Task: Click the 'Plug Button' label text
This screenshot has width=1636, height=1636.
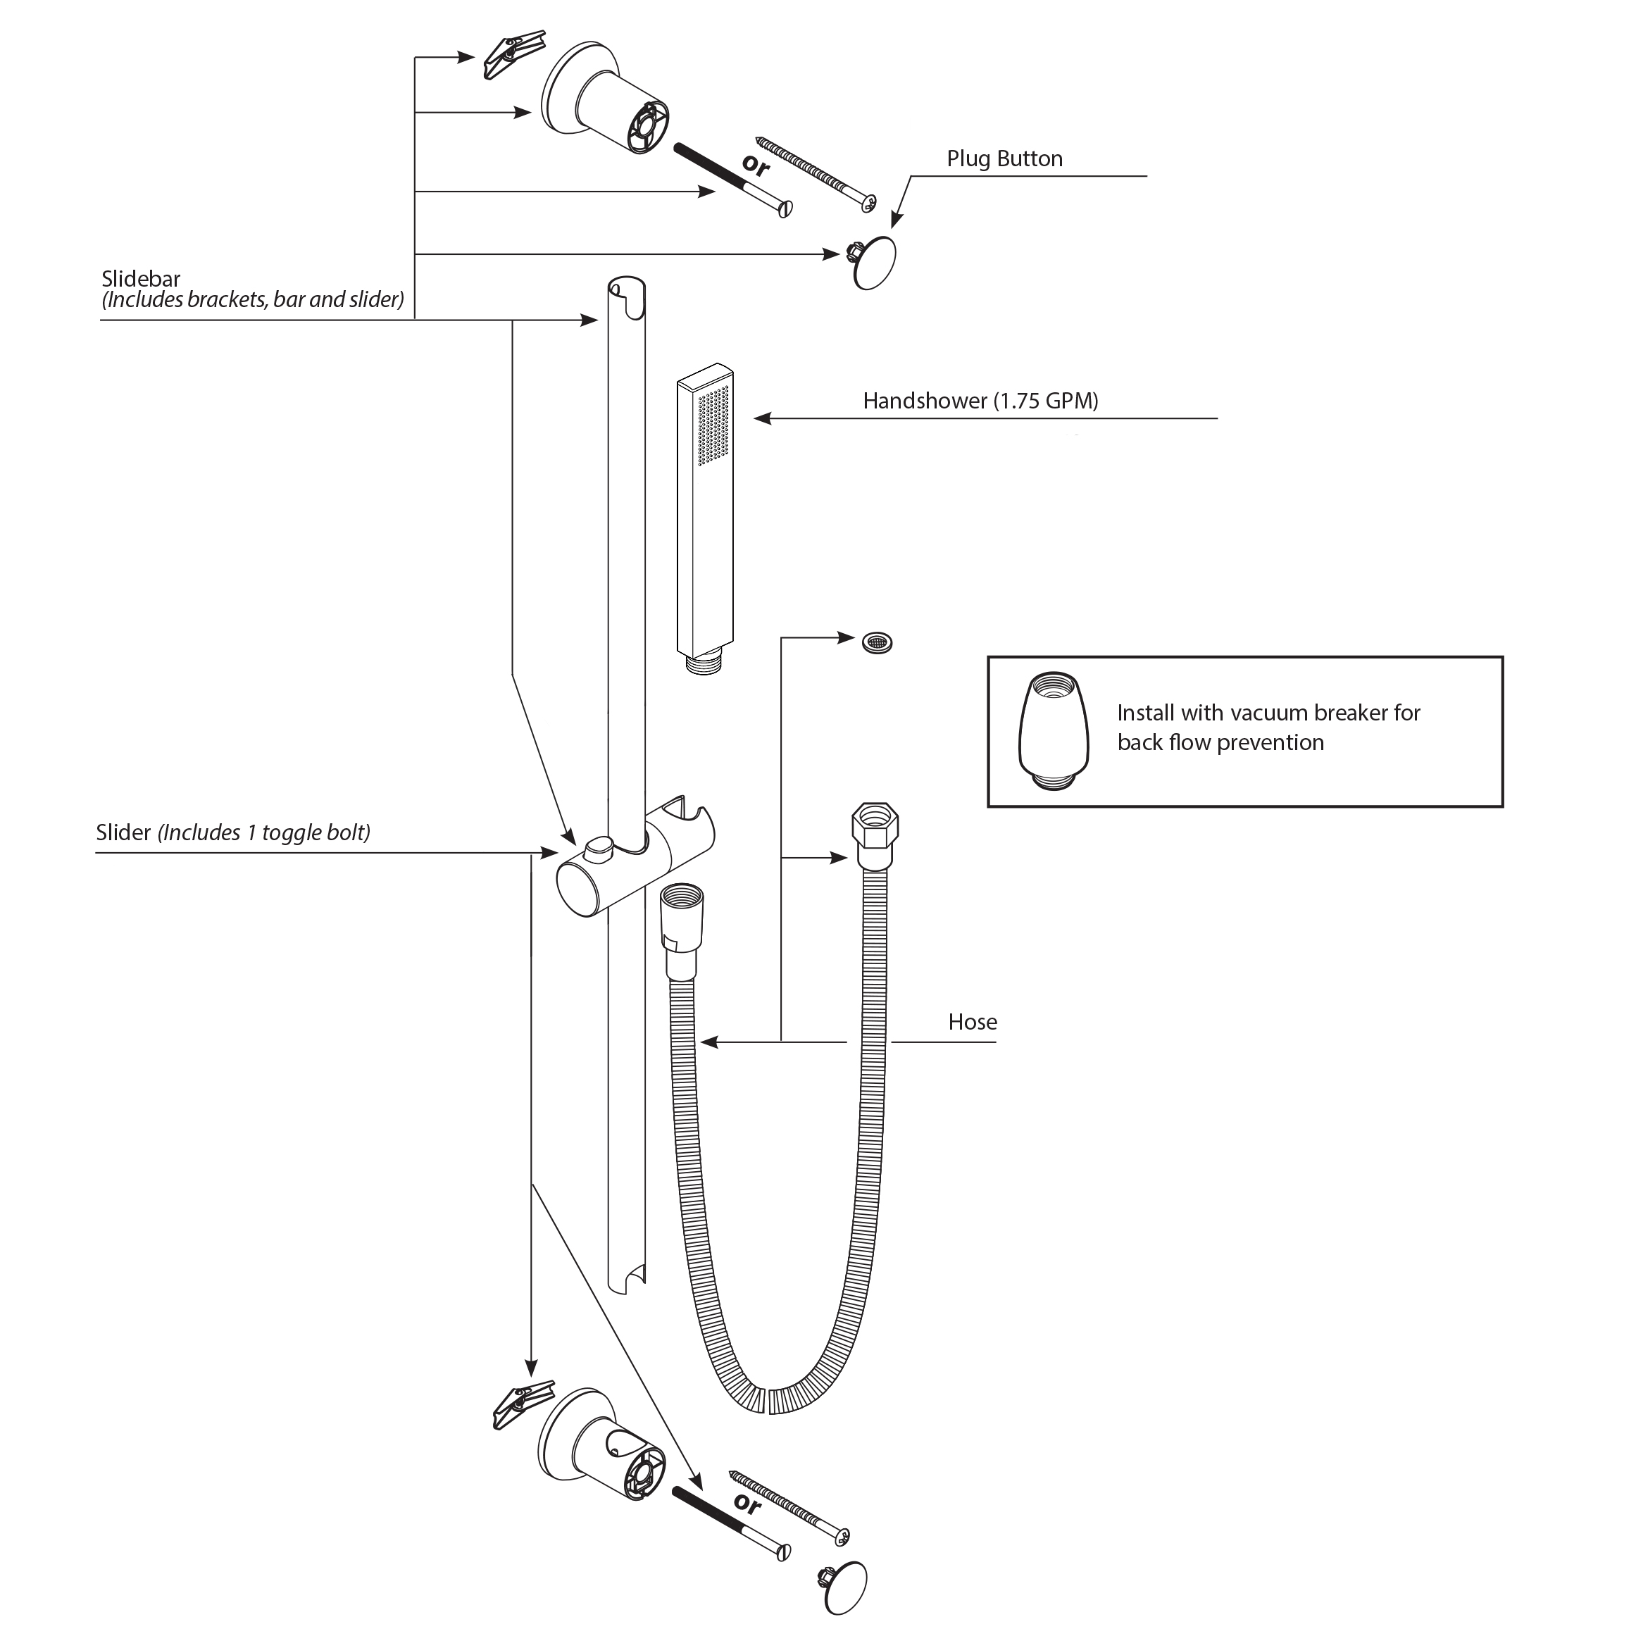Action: point(1004,159)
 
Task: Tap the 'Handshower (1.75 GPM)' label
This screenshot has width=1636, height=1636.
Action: point(980,401)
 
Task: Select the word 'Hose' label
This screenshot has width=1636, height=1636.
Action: point(972,1022)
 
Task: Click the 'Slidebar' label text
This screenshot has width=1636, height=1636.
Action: point(141,279)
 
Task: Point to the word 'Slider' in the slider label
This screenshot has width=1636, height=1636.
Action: point(123,832)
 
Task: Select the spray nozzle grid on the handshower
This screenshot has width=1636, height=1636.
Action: point(713,425)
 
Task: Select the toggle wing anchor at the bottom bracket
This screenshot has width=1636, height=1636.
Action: point(523,1406)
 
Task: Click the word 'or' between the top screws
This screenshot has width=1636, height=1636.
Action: point(756,164)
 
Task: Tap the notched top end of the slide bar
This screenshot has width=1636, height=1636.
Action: point(627,292)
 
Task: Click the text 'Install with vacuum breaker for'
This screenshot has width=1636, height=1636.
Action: point(1268,713)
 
